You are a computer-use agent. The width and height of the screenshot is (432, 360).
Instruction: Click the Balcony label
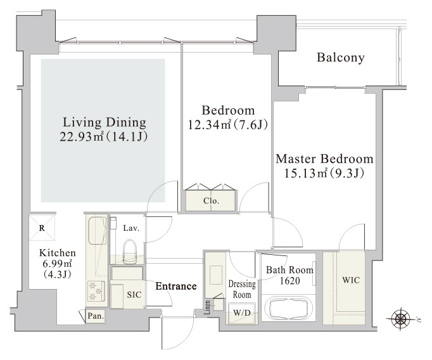click(x=341, y=58)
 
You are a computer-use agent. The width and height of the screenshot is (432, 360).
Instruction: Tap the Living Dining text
click(x=105, y=122)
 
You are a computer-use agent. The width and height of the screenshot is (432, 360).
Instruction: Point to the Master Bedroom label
click(x=324, y=159)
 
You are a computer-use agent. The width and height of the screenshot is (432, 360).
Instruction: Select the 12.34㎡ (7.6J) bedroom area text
click(x=228, y=125)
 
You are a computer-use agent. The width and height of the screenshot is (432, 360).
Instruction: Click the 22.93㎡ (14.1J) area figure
click(x=104, y=137)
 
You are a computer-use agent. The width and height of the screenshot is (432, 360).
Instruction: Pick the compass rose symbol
click(x=399, y=319)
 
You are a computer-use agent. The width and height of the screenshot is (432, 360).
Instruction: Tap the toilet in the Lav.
click(x=129, y=250)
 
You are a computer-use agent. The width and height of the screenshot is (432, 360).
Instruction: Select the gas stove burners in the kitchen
click(x=96, y=291)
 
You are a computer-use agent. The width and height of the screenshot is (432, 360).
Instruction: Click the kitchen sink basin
click(x=97, y=227)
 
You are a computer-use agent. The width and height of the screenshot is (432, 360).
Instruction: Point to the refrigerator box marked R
click(x=42, y=228)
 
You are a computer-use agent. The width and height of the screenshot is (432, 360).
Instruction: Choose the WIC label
click(x=351, y=280)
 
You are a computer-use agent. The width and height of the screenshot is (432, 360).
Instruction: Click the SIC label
click(x=134, y=295)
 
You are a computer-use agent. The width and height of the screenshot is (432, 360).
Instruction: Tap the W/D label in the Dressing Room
click(x=242, y=313)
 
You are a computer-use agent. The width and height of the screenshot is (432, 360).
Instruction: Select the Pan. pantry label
click(x=96, y=316)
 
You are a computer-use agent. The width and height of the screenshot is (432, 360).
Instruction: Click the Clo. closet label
click(x=212, y=201)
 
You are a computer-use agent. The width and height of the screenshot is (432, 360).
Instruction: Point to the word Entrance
click(x=176, y=286)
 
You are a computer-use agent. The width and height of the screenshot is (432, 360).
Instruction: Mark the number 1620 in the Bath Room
click(x=290, y=281)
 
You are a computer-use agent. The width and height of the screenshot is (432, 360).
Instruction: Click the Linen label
click(x=208, y=307)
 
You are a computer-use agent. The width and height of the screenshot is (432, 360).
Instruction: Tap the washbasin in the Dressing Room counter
click(x=216, y=275)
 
